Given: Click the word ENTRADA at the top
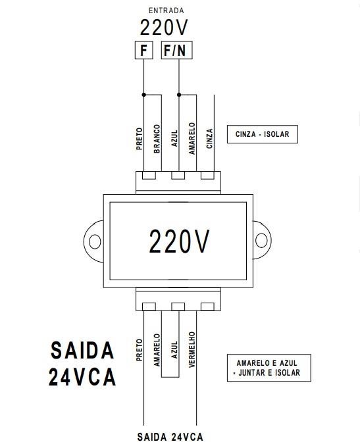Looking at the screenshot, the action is click(166, 11).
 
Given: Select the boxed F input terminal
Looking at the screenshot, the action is click(144, 50).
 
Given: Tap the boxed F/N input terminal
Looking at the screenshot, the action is click(177, 50).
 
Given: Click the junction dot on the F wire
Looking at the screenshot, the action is click(144, 95).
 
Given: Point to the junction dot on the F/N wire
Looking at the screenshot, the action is click(179, 95).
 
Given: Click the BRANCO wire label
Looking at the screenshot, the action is click(157, 139).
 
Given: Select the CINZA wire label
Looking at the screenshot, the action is click(209, 139).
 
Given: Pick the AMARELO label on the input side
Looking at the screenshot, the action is click(192, 139).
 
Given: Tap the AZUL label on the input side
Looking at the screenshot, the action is click(174, 139).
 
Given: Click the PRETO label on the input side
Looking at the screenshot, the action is click(140, 139).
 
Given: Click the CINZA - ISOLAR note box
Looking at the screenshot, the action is click(262, 134).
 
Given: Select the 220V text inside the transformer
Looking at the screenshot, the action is click(179, 241).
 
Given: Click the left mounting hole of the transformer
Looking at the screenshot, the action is click(95, 241).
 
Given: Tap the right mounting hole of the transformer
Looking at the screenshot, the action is click(261, 240).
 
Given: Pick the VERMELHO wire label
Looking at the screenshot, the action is click(192, 349).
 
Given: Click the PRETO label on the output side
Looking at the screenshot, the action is click(140, 350).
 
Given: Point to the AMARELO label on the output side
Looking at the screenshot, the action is click(157, 350).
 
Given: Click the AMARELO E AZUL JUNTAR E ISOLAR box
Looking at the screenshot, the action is click(269, 368).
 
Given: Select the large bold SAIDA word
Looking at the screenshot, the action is click(82, 351).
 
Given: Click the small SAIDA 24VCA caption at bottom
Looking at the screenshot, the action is click(170, 437).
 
